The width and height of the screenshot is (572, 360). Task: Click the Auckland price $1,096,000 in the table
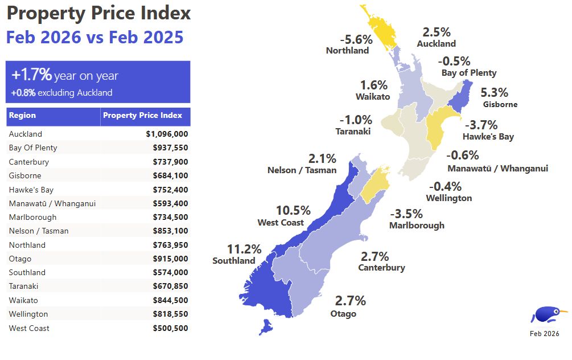167,134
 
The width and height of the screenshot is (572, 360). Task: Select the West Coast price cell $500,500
170,328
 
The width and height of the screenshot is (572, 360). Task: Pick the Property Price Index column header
142,116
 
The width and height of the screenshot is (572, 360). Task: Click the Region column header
22,116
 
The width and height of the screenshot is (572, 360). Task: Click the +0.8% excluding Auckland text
61,92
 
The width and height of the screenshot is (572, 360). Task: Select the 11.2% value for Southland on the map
244,249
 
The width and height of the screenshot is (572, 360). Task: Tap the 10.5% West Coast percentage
293,210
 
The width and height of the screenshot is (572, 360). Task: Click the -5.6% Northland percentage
356,39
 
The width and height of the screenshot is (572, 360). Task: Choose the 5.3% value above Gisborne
494,92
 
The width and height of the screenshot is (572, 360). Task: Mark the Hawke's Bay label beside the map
488,137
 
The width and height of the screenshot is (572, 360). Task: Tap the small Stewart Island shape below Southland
265,328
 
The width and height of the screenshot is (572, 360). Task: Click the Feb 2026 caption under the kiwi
544,334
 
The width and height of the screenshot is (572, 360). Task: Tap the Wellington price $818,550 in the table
170,314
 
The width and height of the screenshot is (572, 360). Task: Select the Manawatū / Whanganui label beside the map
497,168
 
